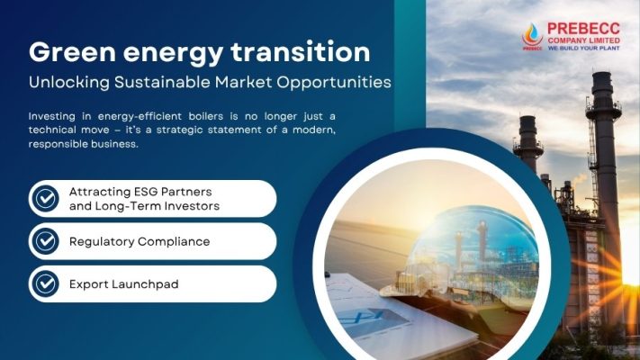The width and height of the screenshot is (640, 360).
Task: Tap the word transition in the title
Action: pyautogui.click(x=301, y=52)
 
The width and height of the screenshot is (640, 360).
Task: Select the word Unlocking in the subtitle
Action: pyautogui.click(x=69, y=83)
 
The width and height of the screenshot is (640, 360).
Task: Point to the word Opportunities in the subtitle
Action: pyautogui.click(x=334, y=83)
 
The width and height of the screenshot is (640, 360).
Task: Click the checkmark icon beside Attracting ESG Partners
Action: pyautogui.click(x=45, y=198)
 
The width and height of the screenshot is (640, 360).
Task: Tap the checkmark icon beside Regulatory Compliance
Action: pyautogui.click(x=45, y=241)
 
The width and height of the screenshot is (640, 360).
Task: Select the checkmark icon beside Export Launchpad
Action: pyautogui.click(x=45, y=283)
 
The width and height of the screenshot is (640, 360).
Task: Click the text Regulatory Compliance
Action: pyautogui.click(x=140, y=241)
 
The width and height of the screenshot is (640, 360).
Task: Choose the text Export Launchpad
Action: pyautogui.click(x=123, y=284)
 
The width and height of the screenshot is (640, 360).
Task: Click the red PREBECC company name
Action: pyautogui.click(x=583, y=29)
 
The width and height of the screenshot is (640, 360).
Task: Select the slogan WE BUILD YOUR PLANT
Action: pyautogui.click(x=583, y=49)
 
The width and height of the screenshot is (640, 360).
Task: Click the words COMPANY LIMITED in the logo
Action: pyautogui.click(x=583, y=40)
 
